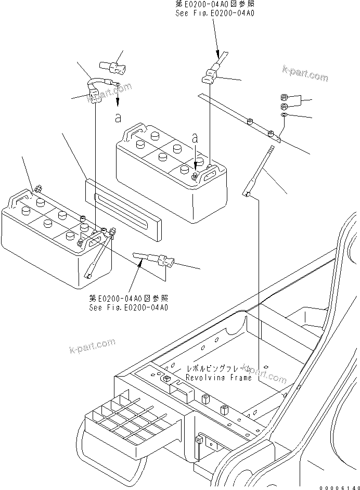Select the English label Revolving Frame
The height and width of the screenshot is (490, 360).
click(218, 378)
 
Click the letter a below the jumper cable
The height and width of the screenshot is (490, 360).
click(118, 118)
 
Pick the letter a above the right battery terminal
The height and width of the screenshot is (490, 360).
click(195, 139)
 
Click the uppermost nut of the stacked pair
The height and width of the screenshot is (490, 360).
click(286, 97)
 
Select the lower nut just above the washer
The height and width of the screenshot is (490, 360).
click(285, 106)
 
